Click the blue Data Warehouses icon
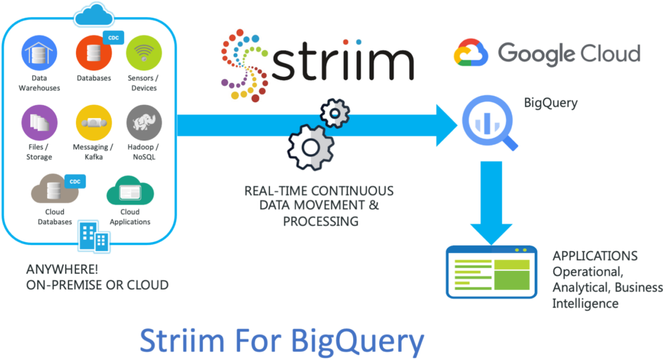pyautogui.click(x=39, y=53)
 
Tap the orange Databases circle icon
pyautogui.click(x=94, y=53)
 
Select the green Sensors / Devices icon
pyautogui.click(x=144, y=53)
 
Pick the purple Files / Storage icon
pyautogui.click(x=39, y=123)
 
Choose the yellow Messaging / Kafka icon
pyautogui.click(x=94, y=123)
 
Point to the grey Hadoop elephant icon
pyautogui.click(x=144, y=123)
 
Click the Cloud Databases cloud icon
pyautogui.click(x=55, y=189)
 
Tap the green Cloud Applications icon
pyautogui.click(x=130, y=191)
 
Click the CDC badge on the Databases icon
pyautogui.click(x=114, y=38)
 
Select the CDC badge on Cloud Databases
pyautogui.click(x=75, y=182)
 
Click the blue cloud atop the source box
pyautogui.click(x=94, y=14)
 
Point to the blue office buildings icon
pyautogui.click(x=94, y=237)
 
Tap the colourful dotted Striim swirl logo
pyautogui.click(x=245, y=65)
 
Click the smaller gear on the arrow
pyautogui.click(x=335, y=114)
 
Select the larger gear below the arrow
pyautogui.click(x=311, y=147)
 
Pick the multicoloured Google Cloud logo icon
pyautogui.click(x=471, y=53)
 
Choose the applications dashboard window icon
pyautogui.click(x=492, y=272)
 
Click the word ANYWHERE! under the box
pyautogui.click(x=62, y=269)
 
